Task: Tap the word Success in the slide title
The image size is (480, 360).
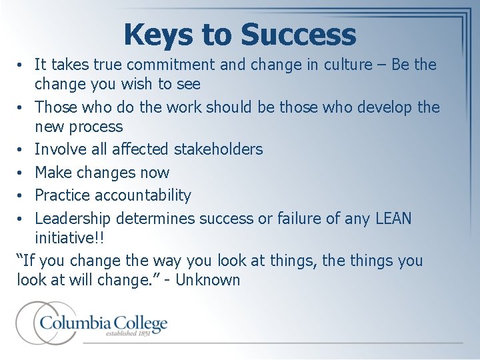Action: [x=300, y=35]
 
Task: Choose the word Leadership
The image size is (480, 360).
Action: [x=73, y=218]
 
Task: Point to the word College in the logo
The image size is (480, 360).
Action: [x=135, y=324]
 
